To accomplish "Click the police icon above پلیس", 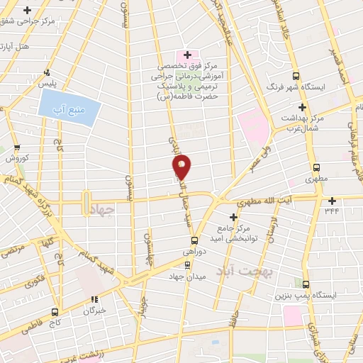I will [x=47, y=72].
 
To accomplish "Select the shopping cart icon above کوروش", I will [x=16, y=148].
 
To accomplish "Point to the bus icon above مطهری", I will [x=317, y=169].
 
